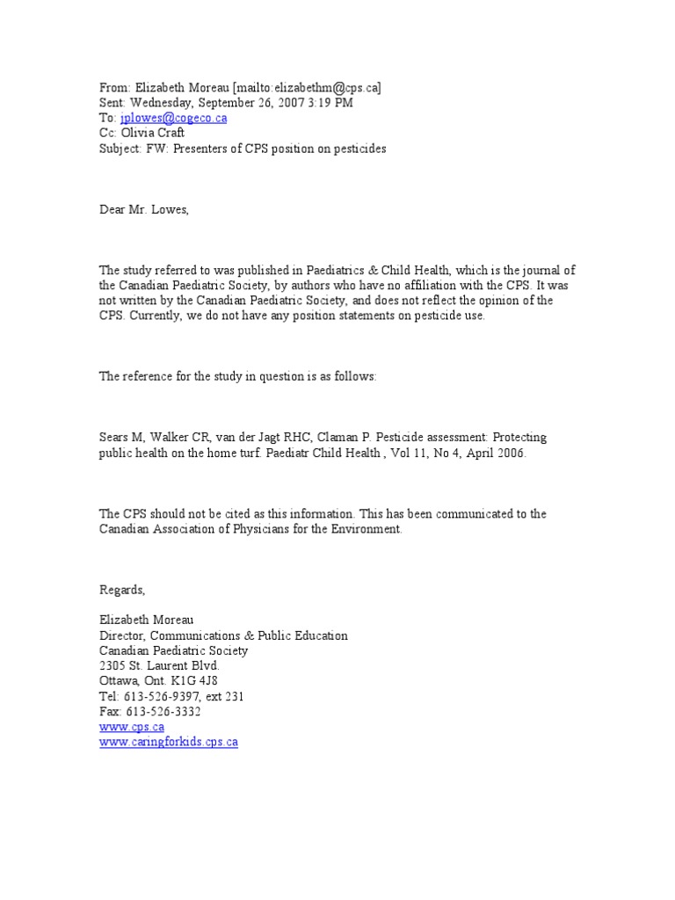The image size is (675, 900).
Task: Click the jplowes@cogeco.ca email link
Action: (173, 118)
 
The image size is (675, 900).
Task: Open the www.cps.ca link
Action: (131, 727)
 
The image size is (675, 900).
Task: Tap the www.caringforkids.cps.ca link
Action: (168, 742)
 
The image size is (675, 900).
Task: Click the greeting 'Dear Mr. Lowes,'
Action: (143, 209)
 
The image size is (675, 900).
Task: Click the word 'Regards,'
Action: (121, 590)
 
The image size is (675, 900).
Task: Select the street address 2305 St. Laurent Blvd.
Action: (159, 666)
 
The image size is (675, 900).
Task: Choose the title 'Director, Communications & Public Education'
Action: (223, 635)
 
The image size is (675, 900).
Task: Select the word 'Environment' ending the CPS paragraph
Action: (368, 529)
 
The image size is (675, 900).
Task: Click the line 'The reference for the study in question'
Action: (237, 376)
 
